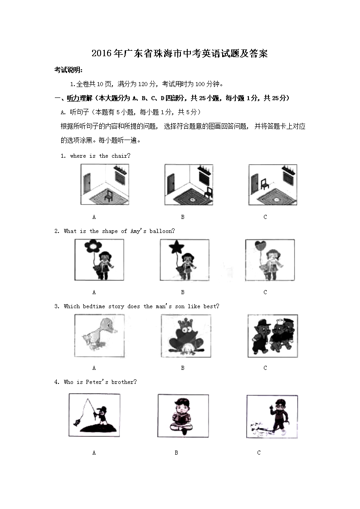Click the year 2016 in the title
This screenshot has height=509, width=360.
click(100, 53)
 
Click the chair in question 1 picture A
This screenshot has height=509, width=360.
click(108, 195)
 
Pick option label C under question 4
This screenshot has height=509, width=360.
click(259, 452)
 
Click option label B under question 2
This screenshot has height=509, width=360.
click(183, 292)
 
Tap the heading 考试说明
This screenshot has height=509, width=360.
click(68, 70)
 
